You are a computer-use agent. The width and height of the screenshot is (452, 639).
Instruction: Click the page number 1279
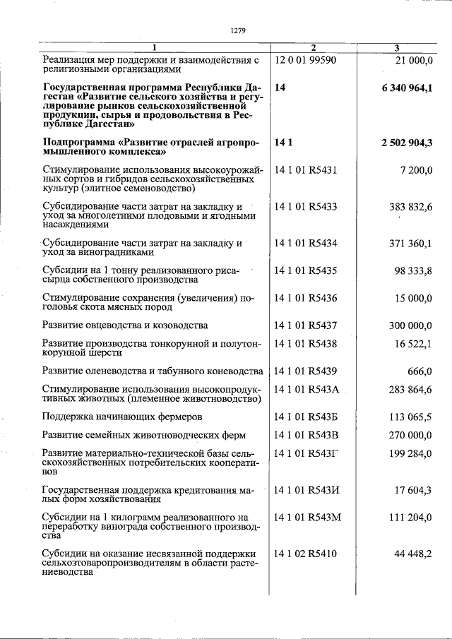point(237,30)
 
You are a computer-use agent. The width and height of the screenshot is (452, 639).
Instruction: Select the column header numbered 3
point(397,48)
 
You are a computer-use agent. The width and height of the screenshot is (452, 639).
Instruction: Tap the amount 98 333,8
point(413,270)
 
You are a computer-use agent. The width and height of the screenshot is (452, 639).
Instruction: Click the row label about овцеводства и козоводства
point(125,326)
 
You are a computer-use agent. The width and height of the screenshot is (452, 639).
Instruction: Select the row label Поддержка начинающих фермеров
point(122,417)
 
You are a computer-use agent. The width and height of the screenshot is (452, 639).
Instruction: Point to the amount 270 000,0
point(410,435)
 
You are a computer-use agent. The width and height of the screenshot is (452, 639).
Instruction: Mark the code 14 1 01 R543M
point(307,517)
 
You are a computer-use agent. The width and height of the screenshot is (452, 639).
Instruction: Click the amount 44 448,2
point(413,554)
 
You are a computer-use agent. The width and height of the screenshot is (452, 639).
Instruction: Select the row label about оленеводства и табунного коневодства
point(153,371)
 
